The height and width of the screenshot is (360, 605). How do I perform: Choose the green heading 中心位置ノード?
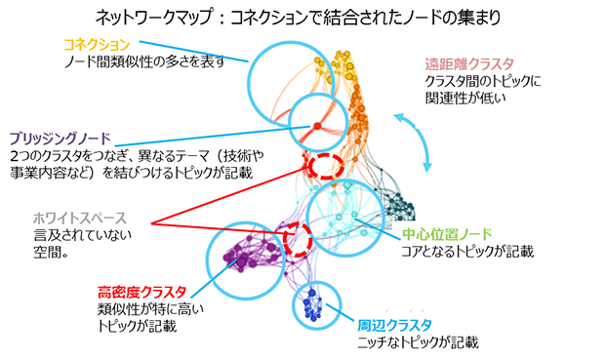[445, 234]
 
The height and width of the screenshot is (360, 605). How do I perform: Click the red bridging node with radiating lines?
[315, 126]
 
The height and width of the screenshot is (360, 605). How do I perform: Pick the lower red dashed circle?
[296, 237]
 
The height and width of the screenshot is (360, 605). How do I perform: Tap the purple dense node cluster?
[244, 257]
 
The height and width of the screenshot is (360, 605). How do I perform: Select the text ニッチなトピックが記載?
[421, 342]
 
